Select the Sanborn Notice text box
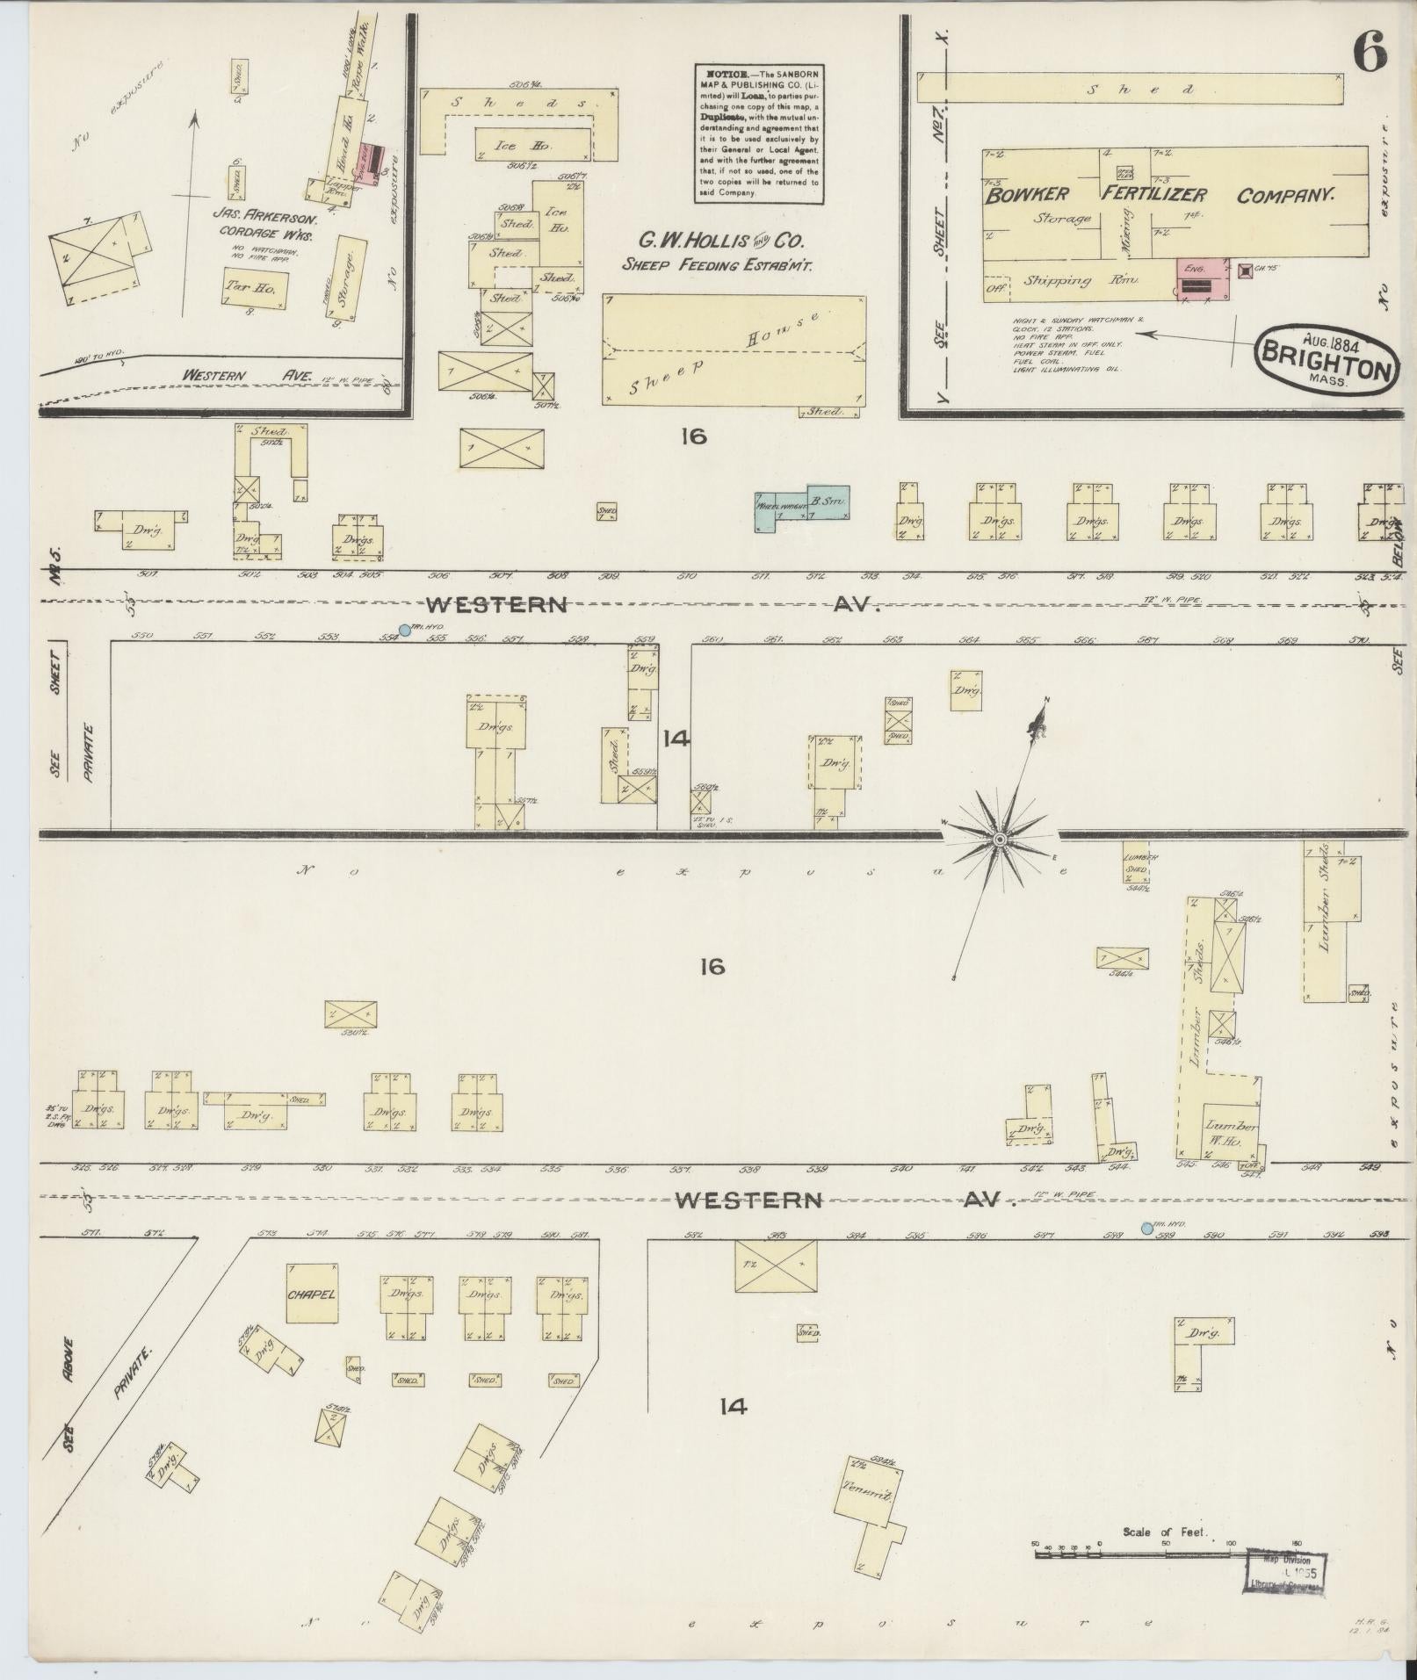pos(759,134)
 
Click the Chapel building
pos(311,1293)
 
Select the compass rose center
pos(999,840)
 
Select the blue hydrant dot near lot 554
pos(404,630)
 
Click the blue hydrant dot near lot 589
pos(1146,1228)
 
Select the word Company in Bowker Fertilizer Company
pos(1285,196)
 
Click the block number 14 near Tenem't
pos(733,1407)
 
